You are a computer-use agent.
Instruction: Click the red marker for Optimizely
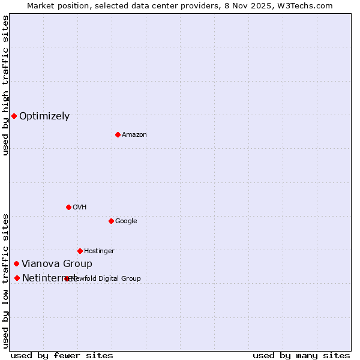click(14, 116)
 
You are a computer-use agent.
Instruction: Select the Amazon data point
click(118, 134)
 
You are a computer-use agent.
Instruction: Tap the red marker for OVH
click(68, 207)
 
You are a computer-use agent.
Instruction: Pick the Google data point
click(111, 221)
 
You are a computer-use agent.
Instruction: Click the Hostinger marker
click(80, 251)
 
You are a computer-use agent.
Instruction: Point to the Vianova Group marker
click(16, 263)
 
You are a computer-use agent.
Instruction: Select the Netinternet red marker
click(17, 278)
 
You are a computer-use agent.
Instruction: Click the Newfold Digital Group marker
click(67, 278)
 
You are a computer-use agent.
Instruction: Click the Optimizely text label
click(44, 116)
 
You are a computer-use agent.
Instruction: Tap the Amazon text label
click(134, 135)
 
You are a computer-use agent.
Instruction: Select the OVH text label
click(80, 208)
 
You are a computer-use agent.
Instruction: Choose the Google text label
click(126, 221)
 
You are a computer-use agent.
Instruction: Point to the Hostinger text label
click(99, 251)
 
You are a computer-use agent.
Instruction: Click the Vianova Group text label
click(57, 264)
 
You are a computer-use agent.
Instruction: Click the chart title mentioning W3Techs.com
click(180, 6)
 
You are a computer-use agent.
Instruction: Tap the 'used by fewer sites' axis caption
click(62, 356)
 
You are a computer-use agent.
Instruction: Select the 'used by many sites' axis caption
click(301, 356)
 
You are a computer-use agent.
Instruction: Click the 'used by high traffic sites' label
click(6, 85)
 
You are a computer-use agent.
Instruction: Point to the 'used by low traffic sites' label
click(6, 280)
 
